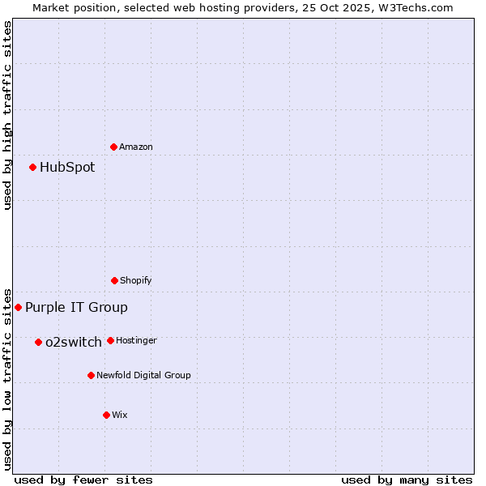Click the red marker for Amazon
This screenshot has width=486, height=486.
pos(113,147)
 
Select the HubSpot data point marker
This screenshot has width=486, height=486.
pos(32,167)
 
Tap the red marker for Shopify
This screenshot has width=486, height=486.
pos(114,280)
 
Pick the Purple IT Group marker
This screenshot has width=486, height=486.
pos(18,307)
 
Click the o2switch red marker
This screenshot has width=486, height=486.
pos(38,342)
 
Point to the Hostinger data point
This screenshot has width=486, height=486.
pos(110,340)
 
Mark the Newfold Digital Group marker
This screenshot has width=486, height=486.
pos(91,375)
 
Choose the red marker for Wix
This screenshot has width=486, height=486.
pos(106,415)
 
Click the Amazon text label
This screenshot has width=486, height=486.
pos(136,147)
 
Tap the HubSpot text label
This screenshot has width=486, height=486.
pos(67,167)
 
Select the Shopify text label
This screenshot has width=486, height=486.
pos(136,280)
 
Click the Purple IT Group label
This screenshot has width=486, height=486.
pos(76,307)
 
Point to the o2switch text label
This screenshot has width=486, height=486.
pos(74,342)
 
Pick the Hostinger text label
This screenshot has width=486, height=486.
pos(136,340)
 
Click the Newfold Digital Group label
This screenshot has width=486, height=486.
pos(143,375)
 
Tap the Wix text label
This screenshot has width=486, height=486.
pos(120,415)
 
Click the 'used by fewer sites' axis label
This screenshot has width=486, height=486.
pos(83,480)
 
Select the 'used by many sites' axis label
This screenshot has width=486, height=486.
pos(407,480)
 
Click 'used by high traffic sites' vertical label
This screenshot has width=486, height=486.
pos(7,115)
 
